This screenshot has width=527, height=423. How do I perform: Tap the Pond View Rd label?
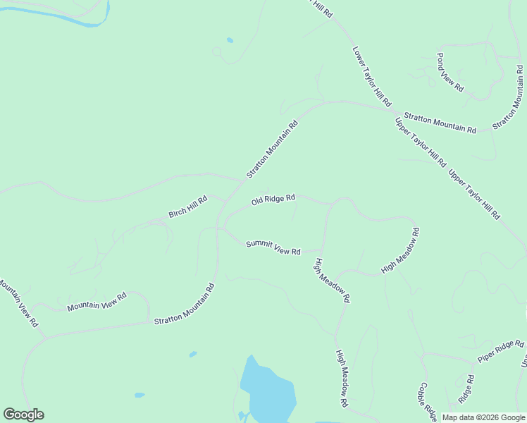pos(450,73)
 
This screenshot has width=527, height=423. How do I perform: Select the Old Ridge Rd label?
pos(273,200)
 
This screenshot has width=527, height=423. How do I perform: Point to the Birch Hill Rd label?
pos(188,207)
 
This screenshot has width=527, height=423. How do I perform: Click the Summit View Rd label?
pos(273,247)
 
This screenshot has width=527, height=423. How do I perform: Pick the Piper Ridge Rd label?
pos(501,351)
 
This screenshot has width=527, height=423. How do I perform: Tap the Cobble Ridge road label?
pos(428,401)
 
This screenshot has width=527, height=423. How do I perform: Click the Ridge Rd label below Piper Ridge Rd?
pos(466,388)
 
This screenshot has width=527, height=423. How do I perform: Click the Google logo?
pos(23,415)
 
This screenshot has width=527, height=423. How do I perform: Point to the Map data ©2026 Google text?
pos(483,417)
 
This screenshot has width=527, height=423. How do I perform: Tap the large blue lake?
pos(266,391)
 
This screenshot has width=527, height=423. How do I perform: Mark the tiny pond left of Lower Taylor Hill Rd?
pos(230,40)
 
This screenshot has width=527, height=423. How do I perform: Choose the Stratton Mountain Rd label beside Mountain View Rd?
pos(184,304)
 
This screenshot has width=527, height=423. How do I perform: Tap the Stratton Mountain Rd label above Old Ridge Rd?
pos(272,149)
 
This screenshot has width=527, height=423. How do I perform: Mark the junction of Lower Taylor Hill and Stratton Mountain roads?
pos(393,109)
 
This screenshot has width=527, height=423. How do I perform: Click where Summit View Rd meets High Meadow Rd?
pos(321,250)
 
